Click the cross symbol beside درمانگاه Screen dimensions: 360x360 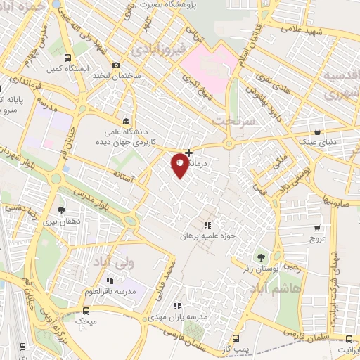(x=188, y=153)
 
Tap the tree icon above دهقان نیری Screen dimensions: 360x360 (x=62, y=210)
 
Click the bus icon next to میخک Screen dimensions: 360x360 (x=86, y=311)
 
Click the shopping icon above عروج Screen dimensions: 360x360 (x=318, y=228)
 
